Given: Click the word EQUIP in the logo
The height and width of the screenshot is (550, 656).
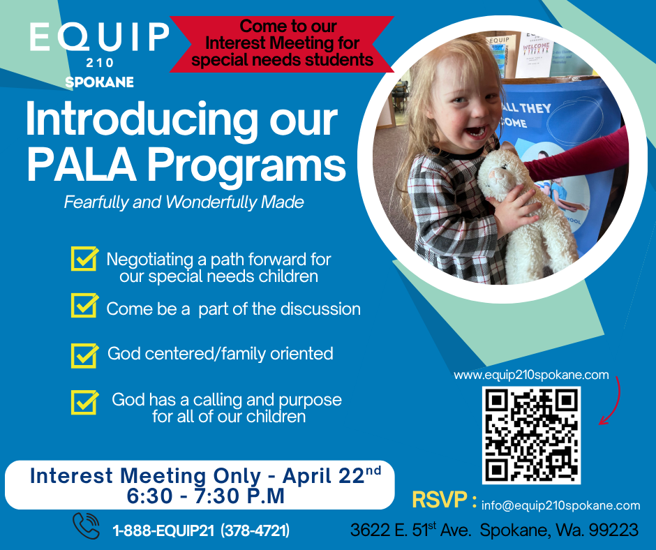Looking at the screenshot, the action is [x=100, y=36].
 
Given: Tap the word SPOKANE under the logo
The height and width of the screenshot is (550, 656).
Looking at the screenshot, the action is [x=100, y=82].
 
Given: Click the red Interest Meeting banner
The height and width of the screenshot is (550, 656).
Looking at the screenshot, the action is [x=282, y=43].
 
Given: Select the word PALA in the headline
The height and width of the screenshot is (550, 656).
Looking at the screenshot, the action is [x=82, y=164].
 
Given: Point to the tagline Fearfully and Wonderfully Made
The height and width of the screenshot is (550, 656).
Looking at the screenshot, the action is [x=184, y=202].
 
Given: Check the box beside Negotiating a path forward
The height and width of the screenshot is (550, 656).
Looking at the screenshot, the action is [x=84, y=258].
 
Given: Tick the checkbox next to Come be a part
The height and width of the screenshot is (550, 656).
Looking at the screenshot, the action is [x=84, y=305].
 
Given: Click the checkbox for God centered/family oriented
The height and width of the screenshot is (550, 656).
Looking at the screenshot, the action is [x=84, y=356].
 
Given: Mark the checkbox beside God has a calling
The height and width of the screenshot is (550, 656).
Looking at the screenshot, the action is [x=84, y=402].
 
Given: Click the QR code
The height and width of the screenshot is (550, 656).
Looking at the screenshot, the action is [x=531, y=436].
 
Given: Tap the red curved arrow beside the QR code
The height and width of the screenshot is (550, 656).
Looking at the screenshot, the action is [x=615, y=403].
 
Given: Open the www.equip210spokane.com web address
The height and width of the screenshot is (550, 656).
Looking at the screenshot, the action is [x=531, y=375].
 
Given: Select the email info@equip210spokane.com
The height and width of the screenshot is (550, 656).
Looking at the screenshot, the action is [x=560, y=505].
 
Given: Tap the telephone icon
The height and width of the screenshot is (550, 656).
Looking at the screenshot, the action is [x=86, y=526].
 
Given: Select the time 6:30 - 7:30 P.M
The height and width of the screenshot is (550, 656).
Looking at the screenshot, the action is [x=205, y=496].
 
